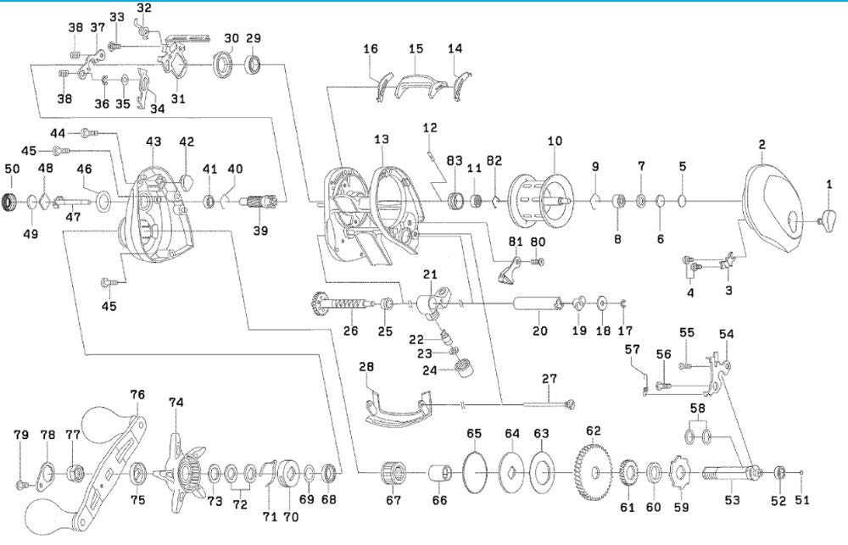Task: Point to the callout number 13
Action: click(x=381, y=138)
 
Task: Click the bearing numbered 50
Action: click(x=12, y=202)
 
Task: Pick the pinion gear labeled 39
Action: click(x=261, y=203)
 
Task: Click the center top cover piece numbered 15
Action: click(x=416, y=85)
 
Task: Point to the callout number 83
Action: click(x=455, y=160)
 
